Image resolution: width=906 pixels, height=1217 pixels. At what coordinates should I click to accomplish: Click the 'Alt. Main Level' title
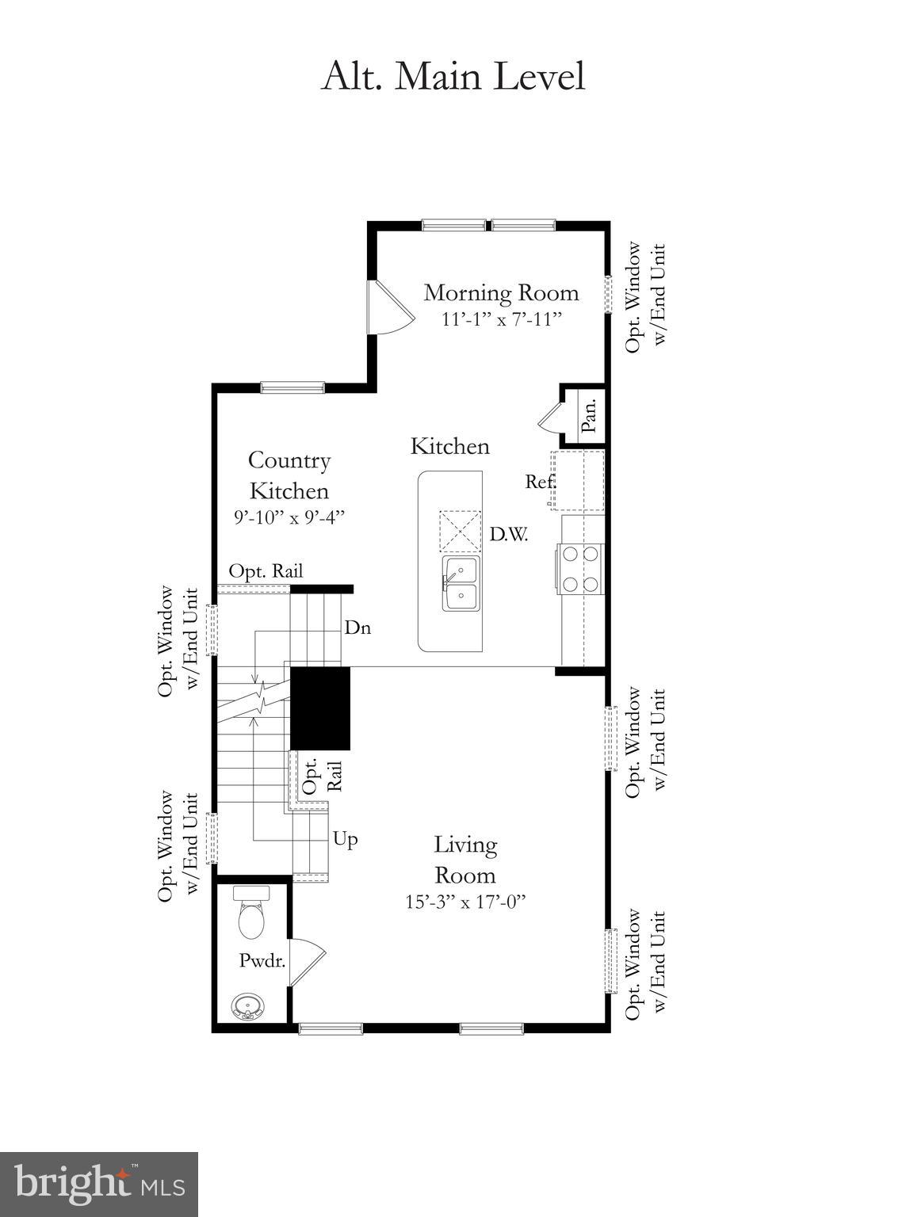[x=453, y=77]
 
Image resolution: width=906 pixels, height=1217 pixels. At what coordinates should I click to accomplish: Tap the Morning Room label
[x=501, y=292]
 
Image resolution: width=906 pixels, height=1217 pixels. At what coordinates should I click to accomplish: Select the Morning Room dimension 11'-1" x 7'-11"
[x=501, y=319]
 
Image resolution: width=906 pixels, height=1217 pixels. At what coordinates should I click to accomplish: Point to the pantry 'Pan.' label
[x=588, y=414]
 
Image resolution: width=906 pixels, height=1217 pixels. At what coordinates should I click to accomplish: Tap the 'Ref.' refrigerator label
[x=541, y=481]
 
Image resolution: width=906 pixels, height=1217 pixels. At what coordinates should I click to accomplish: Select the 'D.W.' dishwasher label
[x=508, y=534]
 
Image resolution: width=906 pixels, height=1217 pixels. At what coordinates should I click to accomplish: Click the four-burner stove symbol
[x=580, y=569]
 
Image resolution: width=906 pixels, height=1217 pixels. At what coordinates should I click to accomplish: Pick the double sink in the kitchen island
[x=461, y=583]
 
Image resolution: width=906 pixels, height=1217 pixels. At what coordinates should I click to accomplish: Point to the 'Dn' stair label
[x=357, y=628]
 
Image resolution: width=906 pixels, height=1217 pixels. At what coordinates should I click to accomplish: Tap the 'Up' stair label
[x=345, y=838]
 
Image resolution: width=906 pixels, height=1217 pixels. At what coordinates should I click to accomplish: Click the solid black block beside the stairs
[x=320, y=708]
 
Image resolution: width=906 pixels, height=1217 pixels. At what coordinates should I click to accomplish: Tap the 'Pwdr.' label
[x=262, y=960]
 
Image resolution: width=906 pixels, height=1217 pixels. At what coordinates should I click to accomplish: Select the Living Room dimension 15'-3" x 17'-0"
[x=465, y=902]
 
